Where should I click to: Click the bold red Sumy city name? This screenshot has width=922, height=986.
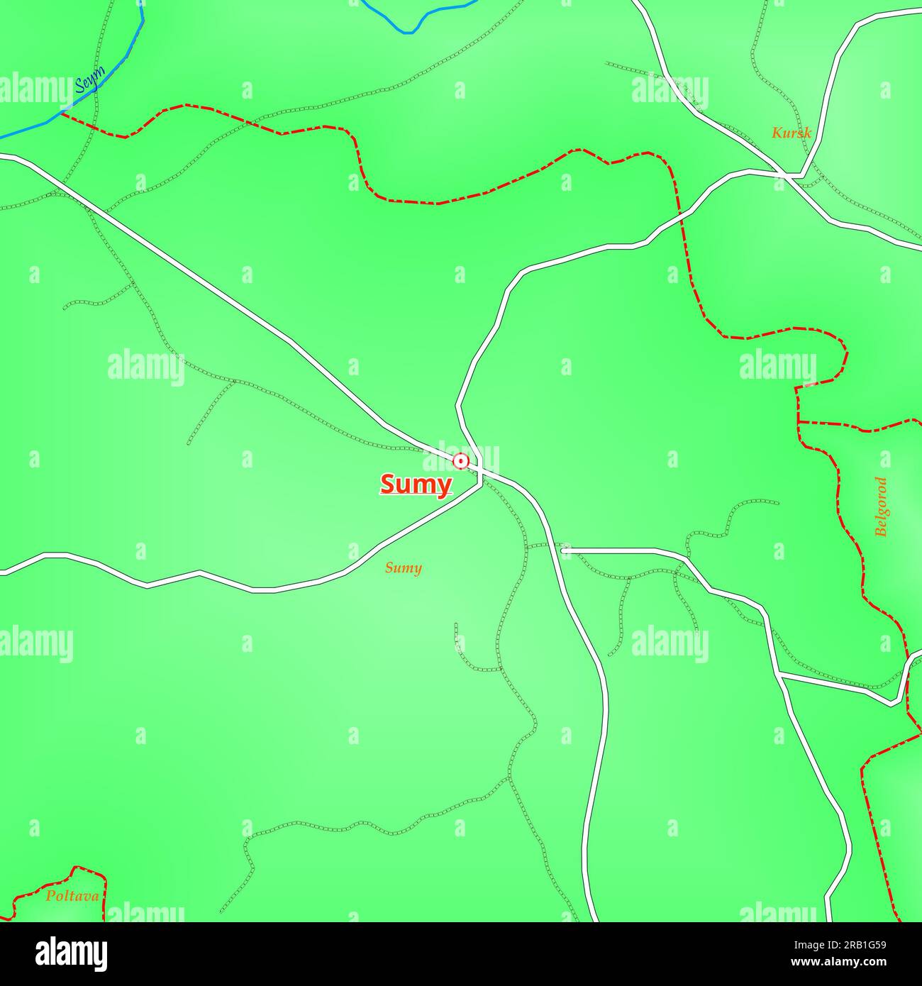click(x=416, y=484)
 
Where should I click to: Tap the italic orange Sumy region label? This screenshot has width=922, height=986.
click(x=403, y=567)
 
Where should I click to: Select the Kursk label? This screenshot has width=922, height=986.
click(x=791, y=133)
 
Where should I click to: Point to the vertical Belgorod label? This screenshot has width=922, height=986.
click(x=881, y=506)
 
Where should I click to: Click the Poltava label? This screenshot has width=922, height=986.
click(x=72, y=896)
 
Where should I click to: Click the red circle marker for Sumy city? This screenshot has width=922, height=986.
click(x=461, y=462)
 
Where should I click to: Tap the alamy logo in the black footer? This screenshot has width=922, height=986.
click(x=71, y=953)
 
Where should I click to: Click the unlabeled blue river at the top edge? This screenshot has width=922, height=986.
click(x=411, y=28)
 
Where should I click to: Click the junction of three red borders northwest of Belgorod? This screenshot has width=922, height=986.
click(x=799, y=422)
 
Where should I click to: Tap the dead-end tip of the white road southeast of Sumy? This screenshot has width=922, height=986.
click(x=563, y=550)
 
